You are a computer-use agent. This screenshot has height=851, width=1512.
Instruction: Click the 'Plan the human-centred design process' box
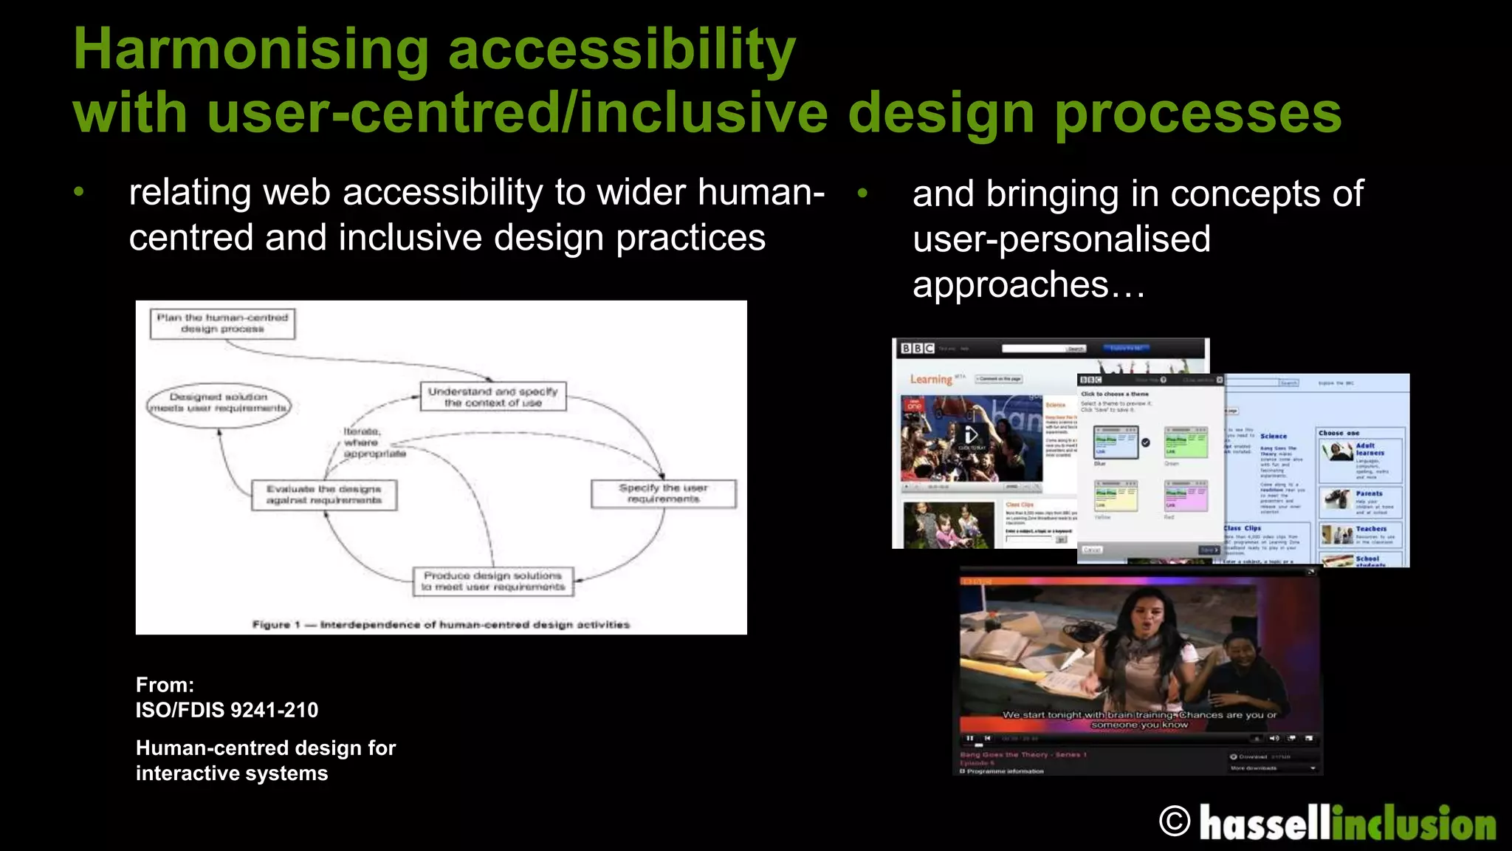pyautogui.click(x=222, y=324)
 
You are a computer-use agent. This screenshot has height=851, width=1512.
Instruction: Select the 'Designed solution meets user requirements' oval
pyautogui.click(x=219, y=403)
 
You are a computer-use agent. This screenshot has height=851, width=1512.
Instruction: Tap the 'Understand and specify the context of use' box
pyautogui.click(x=493, y=397)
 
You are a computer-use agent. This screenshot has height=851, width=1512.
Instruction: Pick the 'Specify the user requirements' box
pyautogui.click(x=663, y=493)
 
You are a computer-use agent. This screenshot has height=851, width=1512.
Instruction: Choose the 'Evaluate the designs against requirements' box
pyautogui.click(x=324, y=494)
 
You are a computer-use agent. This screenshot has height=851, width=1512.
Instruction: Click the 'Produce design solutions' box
pyautogui.click(x=493, y=581)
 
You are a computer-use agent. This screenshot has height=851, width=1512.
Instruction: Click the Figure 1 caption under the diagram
pyautogui.click(x=441, y=625)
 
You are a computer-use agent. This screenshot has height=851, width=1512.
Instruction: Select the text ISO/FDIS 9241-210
pyautogui.click(x=227, y=710)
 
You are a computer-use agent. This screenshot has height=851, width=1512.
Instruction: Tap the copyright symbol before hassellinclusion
pyautogui.click(x=1175, y=821)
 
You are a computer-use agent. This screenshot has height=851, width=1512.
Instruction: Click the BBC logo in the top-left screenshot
pyautogui.click(x=918, y=349)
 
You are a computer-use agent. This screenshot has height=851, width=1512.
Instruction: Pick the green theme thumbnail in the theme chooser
pyautogui.click(x=1186, y=442)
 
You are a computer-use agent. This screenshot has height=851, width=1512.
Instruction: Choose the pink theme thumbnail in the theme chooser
pyautogui.click(x=1186, y=496)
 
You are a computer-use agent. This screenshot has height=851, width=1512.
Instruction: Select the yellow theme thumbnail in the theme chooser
pyautogui.click(x=1116, y=496)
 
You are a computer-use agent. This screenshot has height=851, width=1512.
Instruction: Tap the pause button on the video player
pyautogui.click(x=969, y=738)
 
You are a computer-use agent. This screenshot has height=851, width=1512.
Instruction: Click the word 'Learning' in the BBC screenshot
pyautogui.click(x=931, y=379)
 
